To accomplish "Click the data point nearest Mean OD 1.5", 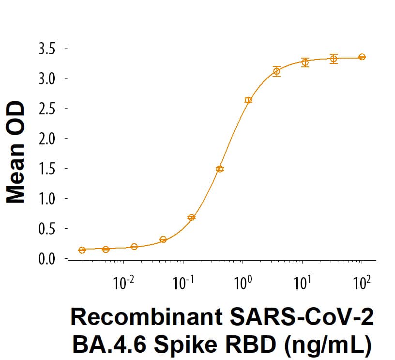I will click(x=220, y=169).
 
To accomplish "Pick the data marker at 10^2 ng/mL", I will click(x=362, y=57).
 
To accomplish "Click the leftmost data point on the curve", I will click(x=82, y=250).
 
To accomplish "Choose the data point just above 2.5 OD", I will click(x=248, y=100).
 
